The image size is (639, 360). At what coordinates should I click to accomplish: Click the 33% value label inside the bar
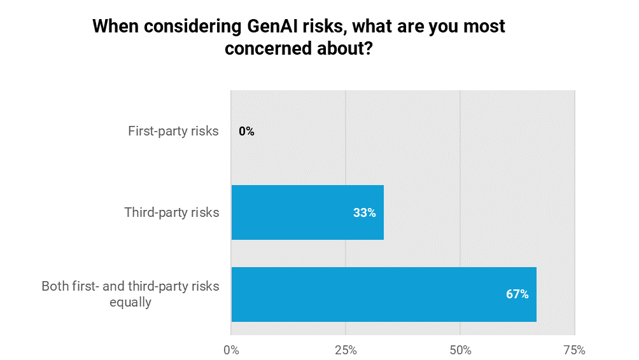364,213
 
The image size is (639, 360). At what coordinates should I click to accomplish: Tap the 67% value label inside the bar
517,294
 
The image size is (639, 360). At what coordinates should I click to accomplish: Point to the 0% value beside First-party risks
246,132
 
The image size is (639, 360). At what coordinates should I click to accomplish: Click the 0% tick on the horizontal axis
231,350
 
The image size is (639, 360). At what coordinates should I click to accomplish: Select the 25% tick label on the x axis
346,350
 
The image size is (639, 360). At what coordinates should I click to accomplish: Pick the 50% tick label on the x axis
460,350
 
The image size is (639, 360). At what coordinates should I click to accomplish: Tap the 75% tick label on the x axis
574,350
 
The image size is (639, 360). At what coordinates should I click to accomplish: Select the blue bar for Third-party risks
307,212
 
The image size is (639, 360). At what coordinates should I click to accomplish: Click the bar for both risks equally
384,294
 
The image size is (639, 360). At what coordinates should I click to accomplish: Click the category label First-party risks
173,132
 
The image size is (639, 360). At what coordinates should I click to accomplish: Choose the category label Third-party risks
172,213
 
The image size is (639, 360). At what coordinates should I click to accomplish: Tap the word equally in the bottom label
130,303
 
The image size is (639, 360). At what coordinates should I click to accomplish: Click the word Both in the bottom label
55,286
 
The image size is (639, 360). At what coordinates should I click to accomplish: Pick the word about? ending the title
344,50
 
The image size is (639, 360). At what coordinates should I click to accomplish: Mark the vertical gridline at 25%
346,159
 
